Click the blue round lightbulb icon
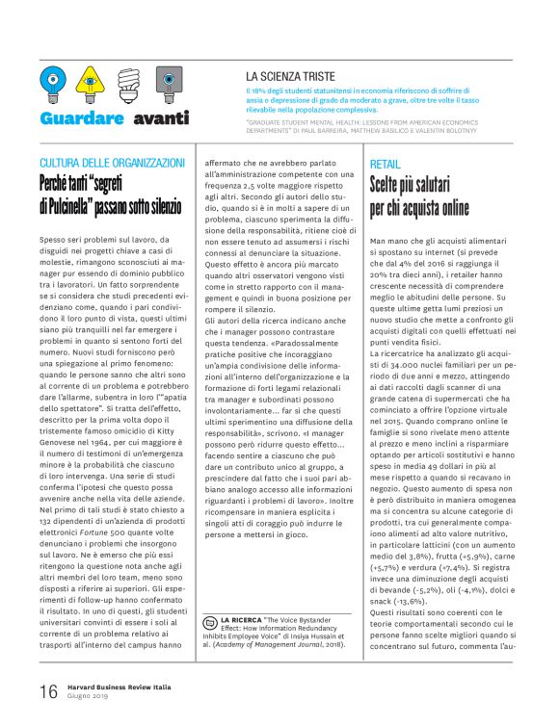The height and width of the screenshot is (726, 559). tap(52, 85)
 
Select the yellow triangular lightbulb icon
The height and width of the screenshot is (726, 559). tap(90, 84)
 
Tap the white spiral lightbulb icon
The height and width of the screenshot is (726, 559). tap(129, 84)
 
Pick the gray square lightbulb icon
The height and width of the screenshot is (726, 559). tap(168, 85)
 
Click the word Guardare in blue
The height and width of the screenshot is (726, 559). tap(82, 118)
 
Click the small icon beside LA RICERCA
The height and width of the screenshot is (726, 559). tap(211, 620)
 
